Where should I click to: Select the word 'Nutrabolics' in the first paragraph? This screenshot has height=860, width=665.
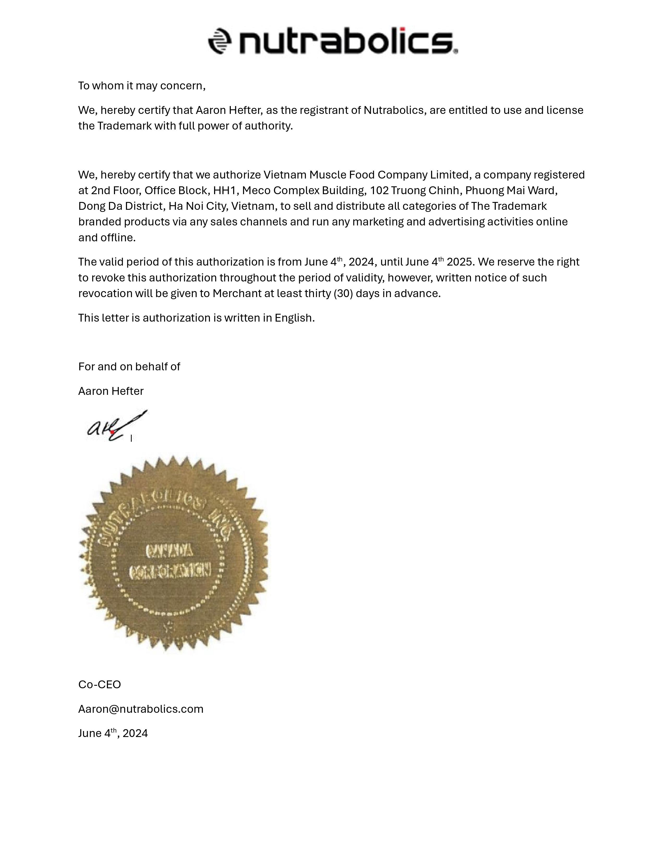[x=393, y=110]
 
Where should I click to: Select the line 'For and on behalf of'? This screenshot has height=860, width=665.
[x=129, y=367]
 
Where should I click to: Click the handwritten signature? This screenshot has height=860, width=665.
[x=114, y=426]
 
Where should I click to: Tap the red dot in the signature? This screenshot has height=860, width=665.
[x=112, y=432]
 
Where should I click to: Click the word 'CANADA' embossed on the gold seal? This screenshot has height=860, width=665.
[x=170, y=550]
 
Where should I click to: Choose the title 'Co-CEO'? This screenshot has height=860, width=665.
[x=100, y=685]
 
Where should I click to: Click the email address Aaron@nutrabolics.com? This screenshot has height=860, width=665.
[x=141, y=709]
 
